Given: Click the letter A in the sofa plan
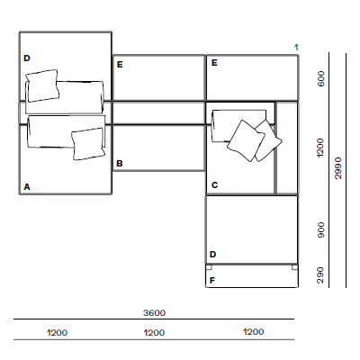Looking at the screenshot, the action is [x=27, y=187].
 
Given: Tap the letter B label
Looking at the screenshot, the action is [x=120, y=164].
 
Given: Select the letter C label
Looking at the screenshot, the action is [x=214, y=185].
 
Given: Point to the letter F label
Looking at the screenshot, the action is [x=212, y=281].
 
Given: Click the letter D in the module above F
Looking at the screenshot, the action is [x=212, y=255].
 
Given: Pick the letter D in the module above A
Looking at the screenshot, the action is [x=27, y=58].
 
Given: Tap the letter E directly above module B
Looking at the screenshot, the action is [x=120, y=65].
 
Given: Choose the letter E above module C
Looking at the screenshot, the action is [x=214, y=63].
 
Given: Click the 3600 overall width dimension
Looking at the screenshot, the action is [x=154, y=313].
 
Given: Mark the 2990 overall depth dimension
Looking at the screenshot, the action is [x=338, y=168].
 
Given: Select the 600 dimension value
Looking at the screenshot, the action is [x=321, y=78].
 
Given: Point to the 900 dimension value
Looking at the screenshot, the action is [x=321, y=230].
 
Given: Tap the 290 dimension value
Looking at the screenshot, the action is [x=321, y=275].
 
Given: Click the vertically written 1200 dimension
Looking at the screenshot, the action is [x=320, y=148].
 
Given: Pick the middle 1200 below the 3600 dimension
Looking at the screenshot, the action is [x=154, y=333].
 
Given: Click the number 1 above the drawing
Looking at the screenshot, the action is [x=296, y=48].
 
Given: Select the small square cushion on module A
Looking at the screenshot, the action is [x=88, y=144].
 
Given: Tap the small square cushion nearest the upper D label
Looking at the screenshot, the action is [x=42, y=85].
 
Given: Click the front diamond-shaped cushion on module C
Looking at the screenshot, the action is [x=246, y=140].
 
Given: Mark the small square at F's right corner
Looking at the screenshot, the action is [x=294, y=267].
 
